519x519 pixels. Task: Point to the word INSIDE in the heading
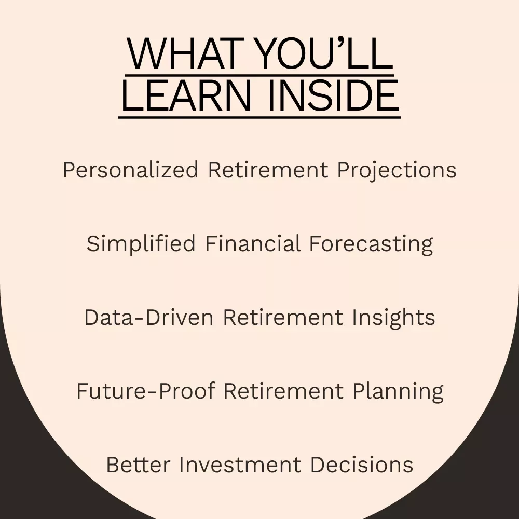(333, 95)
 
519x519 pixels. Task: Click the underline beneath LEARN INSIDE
(259, 117)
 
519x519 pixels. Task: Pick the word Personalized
(130, 170)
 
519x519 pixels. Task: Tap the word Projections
(397, 170)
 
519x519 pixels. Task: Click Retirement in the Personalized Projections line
(268, 170)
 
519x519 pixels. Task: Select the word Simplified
(141, 244)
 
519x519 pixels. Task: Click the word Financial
(253, 243)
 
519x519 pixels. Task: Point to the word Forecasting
(371, 244)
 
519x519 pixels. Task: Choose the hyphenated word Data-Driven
(148, 317)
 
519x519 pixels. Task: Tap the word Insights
(393, 318)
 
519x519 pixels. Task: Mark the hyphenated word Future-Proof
(146, 391)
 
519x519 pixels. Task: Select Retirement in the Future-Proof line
(283, 391)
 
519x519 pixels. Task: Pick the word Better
(138, 465)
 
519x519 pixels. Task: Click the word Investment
(240, 465)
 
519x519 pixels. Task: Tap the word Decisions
(361, 465)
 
